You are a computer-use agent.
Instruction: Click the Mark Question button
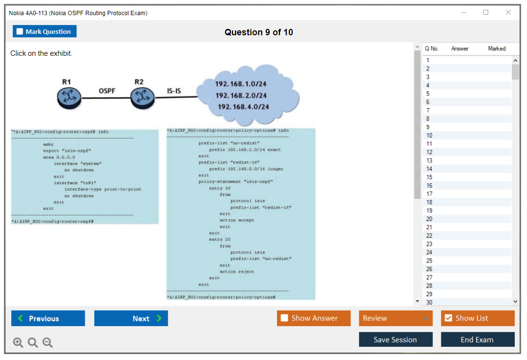tap(45, 31)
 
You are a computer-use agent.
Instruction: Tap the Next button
tap(131, 318)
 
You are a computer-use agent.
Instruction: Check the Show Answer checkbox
tap(284, 318)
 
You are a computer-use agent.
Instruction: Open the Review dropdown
tap(396, 318)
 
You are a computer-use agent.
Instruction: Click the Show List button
tap(477, 318)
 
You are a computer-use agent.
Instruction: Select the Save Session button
tap(396, 339)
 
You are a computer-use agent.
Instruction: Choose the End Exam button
tap(477, 339)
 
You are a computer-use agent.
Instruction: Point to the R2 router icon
tap(142, 97)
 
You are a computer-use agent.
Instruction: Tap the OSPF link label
tap(107, 91)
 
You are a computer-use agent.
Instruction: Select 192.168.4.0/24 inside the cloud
tap(243, 107)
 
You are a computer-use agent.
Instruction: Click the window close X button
tap(508, 13)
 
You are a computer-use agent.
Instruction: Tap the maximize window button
tap(486, 13)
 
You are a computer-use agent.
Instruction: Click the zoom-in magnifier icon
tap(18, 342)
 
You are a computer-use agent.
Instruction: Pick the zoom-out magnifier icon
tap(48, 342)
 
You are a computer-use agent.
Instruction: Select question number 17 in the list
tap(429, 194)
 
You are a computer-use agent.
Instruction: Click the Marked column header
tap(497, 48)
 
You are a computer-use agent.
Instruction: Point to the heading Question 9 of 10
tap(259, 32)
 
